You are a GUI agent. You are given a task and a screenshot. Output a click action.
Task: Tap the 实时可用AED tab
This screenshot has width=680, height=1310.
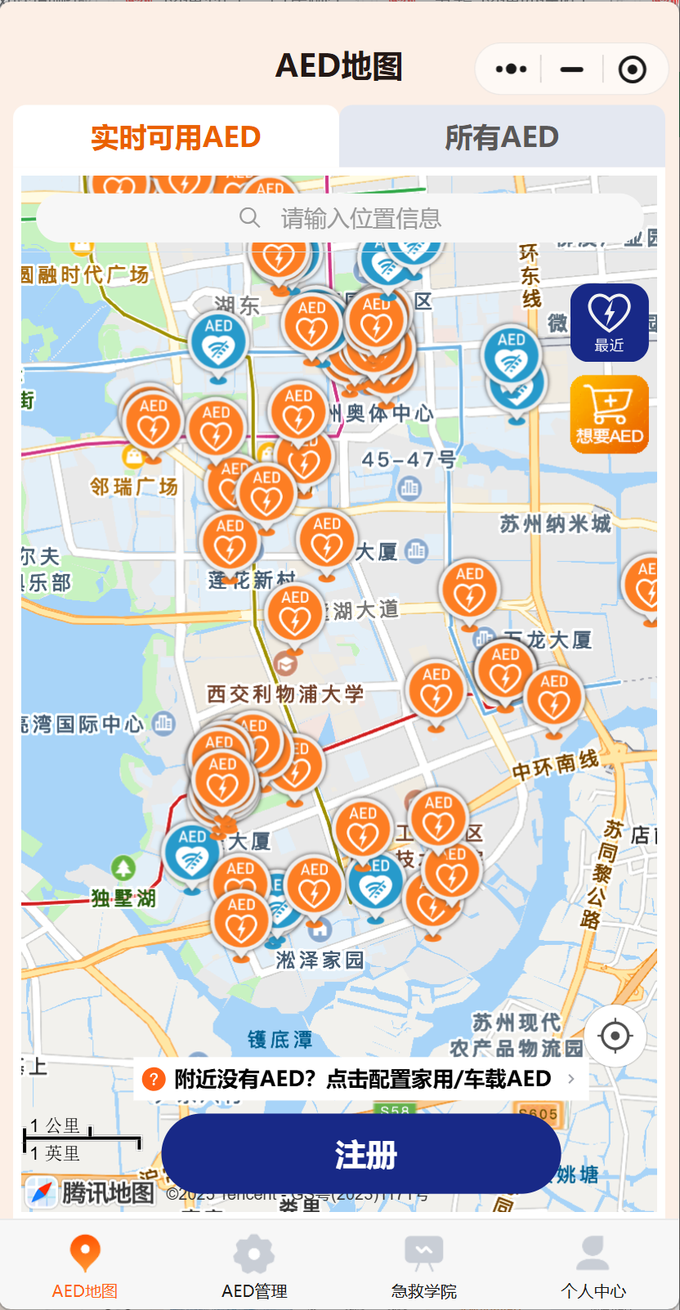coord(176,137)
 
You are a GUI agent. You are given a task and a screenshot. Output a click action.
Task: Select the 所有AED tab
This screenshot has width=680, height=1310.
coord(502,137)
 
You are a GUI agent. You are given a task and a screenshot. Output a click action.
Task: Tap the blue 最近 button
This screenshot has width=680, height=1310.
coord(609,323)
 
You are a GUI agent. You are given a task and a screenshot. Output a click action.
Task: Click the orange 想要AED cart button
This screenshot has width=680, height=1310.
coord(609,414)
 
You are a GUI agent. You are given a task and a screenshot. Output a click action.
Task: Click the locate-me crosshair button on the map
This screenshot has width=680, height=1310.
coord(615,1036)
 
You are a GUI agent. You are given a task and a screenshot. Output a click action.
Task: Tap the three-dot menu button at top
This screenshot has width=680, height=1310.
coord(511,69)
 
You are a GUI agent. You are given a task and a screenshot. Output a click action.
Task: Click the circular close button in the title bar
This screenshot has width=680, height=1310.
coord(632,69)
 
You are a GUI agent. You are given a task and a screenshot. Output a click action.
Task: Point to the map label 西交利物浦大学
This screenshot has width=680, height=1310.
coord(285,694)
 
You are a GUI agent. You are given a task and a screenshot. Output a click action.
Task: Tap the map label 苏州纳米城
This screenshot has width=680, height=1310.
coord(555,524)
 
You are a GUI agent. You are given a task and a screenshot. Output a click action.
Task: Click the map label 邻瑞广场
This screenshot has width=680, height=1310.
coord(134,488)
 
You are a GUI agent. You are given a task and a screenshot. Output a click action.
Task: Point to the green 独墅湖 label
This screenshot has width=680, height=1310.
coord(123,898)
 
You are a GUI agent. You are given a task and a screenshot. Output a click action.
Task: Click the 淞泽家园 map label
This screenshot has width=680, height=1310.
coord(320,960)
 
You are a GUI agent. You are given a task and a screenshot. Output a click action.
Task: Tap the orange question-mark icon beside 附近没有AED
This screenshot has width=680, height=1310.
coord(154,1079)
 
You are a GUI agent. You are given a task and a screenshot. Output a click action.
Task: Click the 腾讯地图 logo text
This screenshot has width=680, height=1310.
coord(107,1192)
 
